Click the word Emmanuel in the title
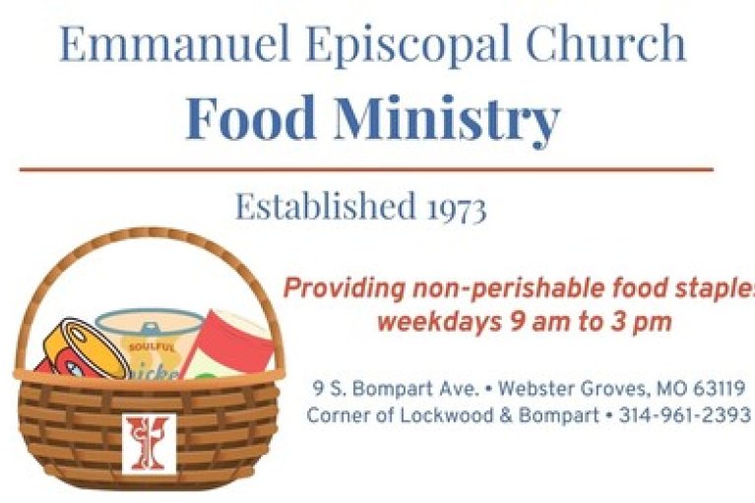(174, 43)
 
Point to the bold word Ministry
(447, 120)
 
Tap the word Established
(325, 206)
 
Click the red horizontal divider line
(366, 169)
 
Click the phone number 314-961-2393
(685, 414)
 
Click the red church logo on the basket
(149, 444)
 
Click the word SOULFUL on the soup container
(146, 346)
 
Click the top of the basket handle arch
(149, 233)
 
